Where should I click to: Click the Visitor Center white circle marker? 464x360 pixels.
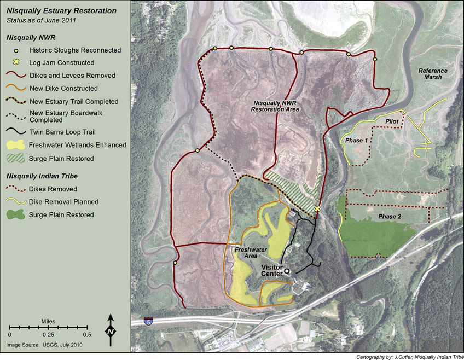[287, 271]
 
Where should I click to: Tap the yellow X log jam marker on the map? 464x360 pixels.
[317, 209]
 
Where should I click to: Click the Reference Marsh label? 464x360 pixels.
[432, 74]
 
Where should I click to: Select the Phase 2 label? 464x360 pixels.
[390, 217]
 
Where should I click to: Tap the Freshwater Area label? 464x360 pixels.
[247, 253]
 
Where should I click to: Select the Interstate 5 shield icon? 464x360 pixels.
[148, 321]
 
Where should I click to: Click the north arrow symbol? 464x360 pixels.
[111, 330]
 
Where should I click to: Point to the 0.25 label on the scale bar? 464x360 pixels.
[48, 334]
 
